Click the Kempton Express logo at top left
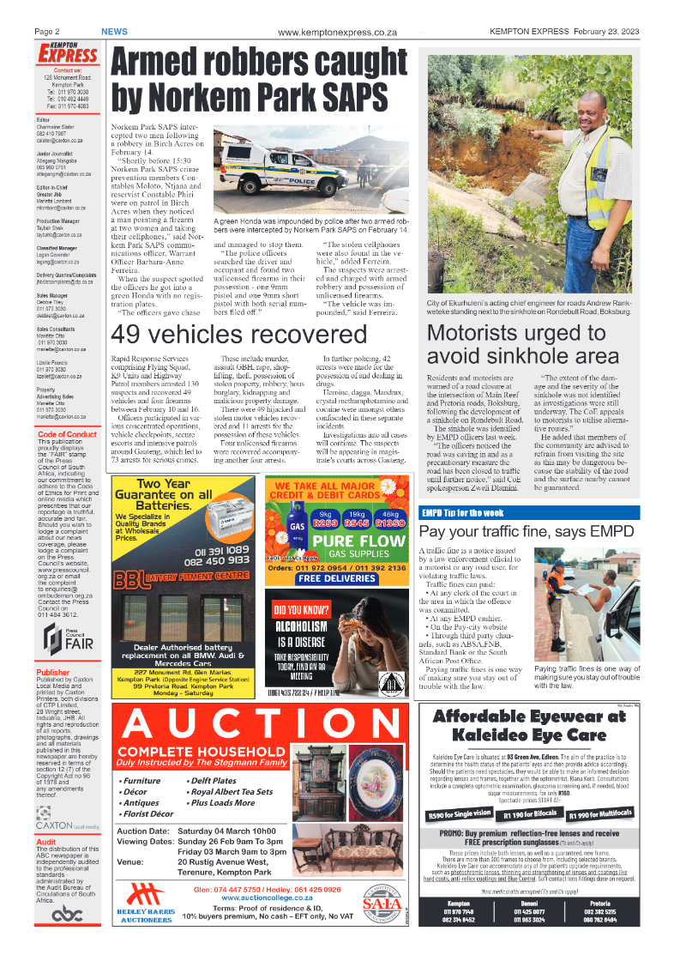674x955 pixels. click(68, 53)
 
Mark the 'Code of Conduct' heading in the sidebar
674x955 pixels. click(68, 434)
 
